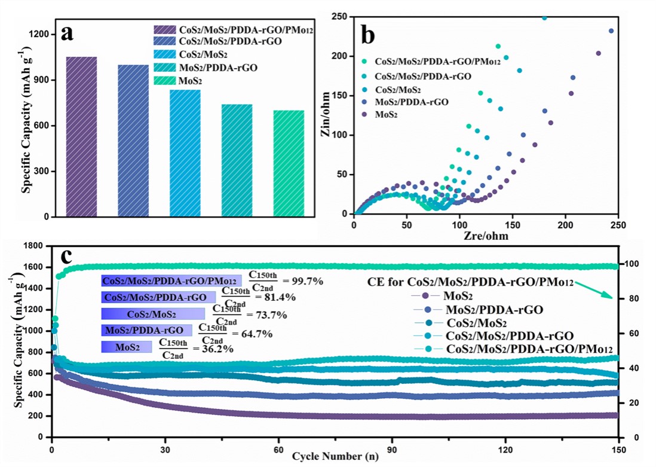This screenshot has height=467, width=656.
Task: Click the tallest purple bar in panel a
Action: coord(81,136)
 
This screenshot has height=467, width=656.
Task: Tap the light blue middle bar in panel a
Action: coord(185,152)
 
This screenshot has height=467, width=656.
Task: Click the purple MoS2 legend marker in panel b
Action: coord(364,114)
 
